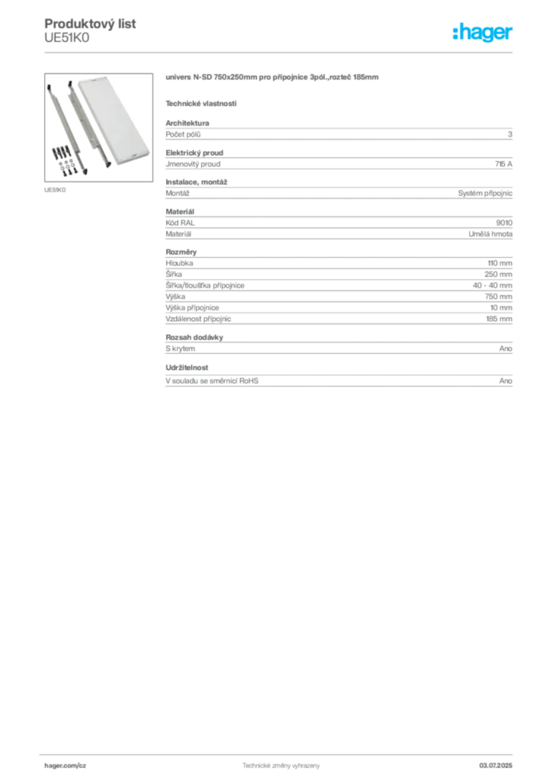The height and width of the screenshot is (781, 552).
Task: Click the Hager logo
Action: click(482, 32)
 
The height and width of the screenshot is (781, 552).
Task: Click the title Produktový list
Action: click(90, 24)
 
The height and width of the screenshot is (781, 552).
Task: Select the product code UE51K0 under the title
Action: click(66, 38)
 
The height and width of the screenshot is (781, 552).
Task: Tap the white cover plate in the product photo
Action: click(115, 119)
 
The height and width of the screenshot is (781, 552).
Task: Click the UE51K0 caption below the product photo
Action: click(55, 190)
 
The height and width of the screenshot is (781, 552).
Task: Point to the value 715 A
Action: click(503, 164)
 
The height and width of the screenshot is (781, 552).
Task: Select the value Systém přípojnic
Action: click(485, 193)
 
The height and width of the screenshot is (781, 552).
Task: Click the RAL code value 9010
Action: click(504, 223)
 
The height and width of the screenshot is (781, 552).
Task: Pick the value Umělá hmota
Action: click(490, 233)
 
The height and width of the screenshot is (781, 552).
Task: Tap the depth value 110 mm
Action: click(499, 263)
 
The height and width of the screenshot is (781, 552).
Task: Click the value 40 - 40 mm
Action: click(493, 285)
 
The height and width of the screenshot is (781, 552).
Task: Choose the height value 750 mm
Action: click(498, 297)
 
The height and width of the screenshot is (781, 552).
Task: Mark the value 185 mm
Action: click(499, 319)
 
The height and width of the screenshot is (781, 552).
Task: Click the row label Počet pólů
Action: click(183, 134)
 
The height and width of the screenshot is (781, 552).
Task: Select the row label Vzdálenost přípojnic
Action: click(198, 319)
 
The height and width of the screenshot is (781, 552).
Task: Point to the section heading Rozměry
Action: click(181, 252)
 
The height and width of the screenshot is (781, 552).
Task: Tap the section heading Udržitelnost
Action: click(187, 368)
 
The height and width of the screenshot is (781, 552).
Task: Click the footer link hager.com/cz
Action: click(66, 766)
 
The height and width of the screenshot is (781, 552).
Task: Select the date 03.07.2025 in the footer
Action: click(496, 766)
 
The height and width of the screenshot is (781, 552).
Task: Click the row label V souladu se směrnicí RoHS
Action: click(212, 381)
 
